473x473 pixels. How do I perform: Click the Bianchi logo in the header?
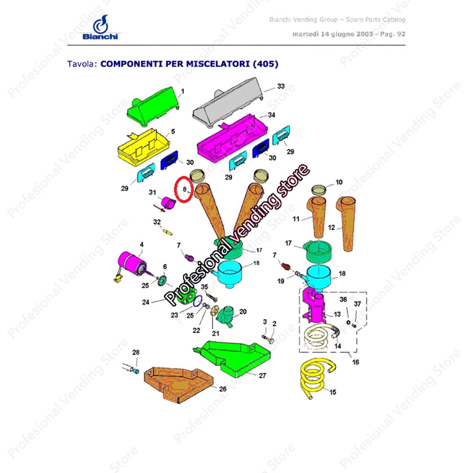100,27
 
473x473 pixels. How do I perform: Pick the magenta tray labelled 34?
232,139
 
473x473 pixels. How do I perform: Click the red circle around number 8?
184,189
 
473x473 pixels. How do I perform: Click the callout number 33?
281,86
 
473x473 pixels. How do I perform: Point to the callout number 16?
356,362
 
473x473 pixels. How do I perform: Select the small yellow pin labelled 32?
167,232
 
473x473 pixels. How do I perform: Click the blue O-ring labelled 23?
198,301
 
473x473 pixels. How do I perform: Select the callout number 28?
136,352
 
